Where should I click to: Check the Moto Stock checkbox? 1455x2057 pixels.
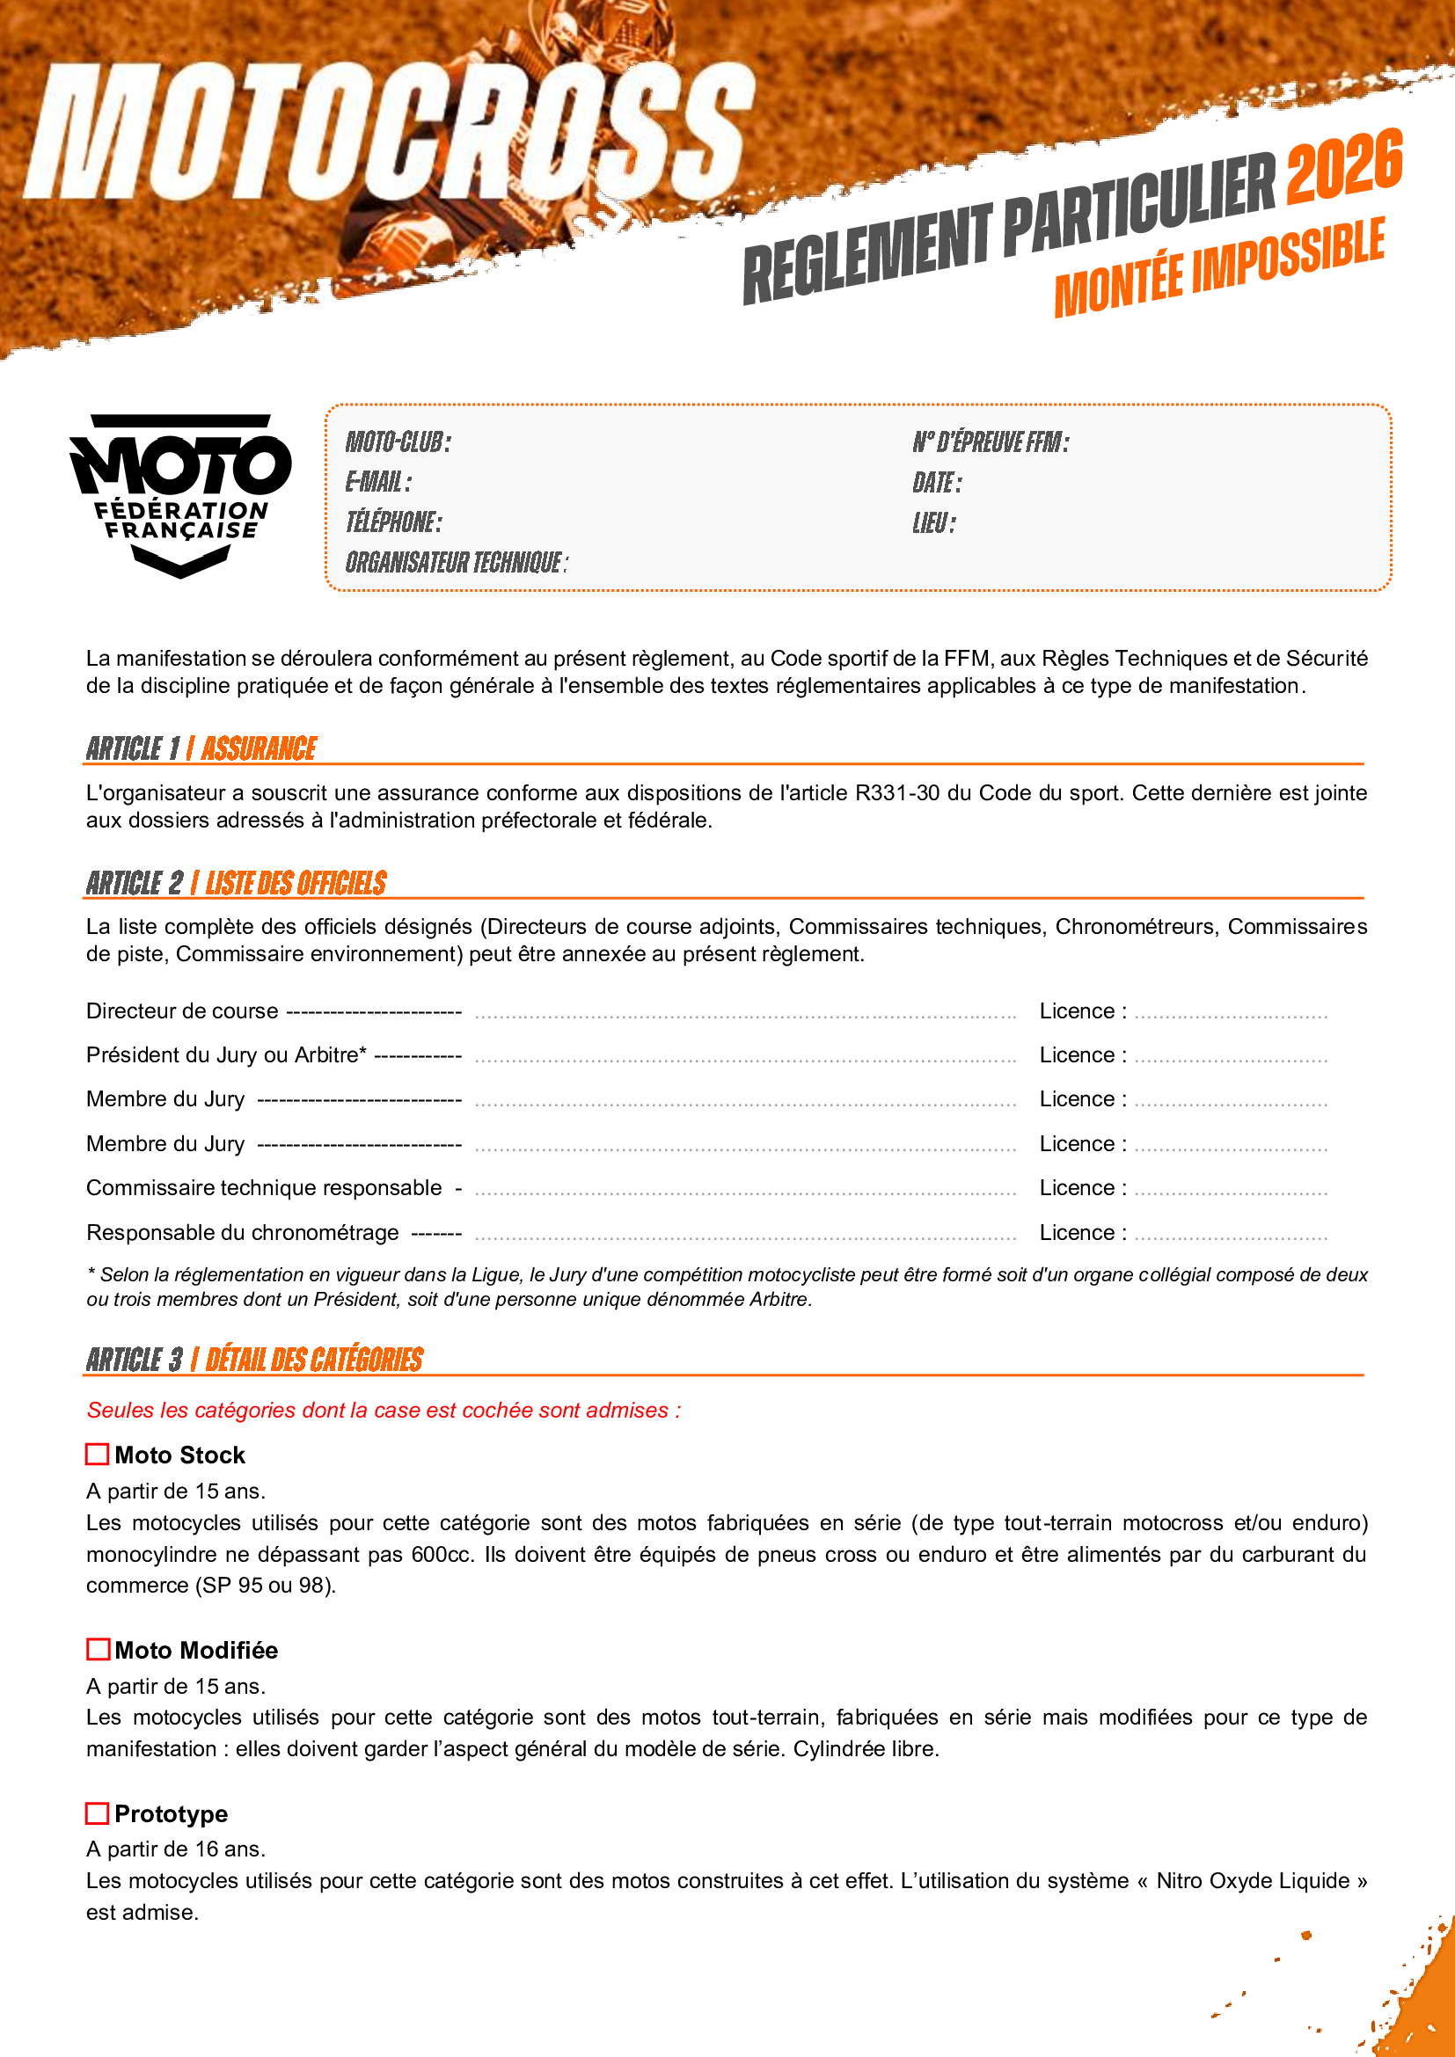click(97, 1454)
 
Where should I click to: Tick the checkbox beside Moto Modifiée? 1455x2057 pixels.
click(98, 1649)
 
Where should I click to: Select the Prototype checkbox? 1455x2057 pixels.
click(97, 1813)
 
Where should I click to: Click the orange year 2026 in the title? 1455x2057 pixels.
click(1344, 165)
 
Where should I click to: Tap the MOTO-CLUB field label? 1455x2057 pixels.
click(398, 441)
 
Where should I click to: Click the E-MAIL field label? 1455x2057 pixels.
click(378, 483)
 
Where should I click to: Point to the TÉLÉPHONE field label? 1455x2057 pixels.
click(393, 522)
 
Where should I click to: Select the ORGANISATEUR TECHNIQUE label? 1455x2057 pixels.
click(456, 563)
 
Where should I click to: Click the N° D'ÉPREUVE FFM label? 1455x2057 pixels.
click(990, 441)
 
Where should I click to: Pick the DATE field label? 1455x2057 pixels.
click(936, 483)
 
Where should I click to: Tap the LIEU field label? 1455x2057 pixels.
click(933, 523)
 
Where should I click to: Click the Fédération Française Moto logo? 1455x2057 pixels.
click(180, 495)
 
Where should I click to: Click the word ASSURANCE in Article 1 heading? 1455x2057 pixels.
click(258, 748)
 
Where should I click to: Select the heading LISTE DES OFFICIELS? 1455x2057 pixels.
click(296, 882)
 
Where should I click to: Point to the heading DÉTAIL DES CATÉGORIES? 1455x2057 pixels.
click(313, 1359)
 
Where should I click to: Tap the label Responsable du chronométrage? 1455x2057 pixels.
click(242, 1233)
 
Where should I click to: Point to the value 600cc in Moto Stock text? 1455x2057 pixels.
click(441, 1553)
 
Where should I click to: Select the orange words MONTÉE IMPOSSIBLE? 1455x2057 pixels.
click(1218, 269)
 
